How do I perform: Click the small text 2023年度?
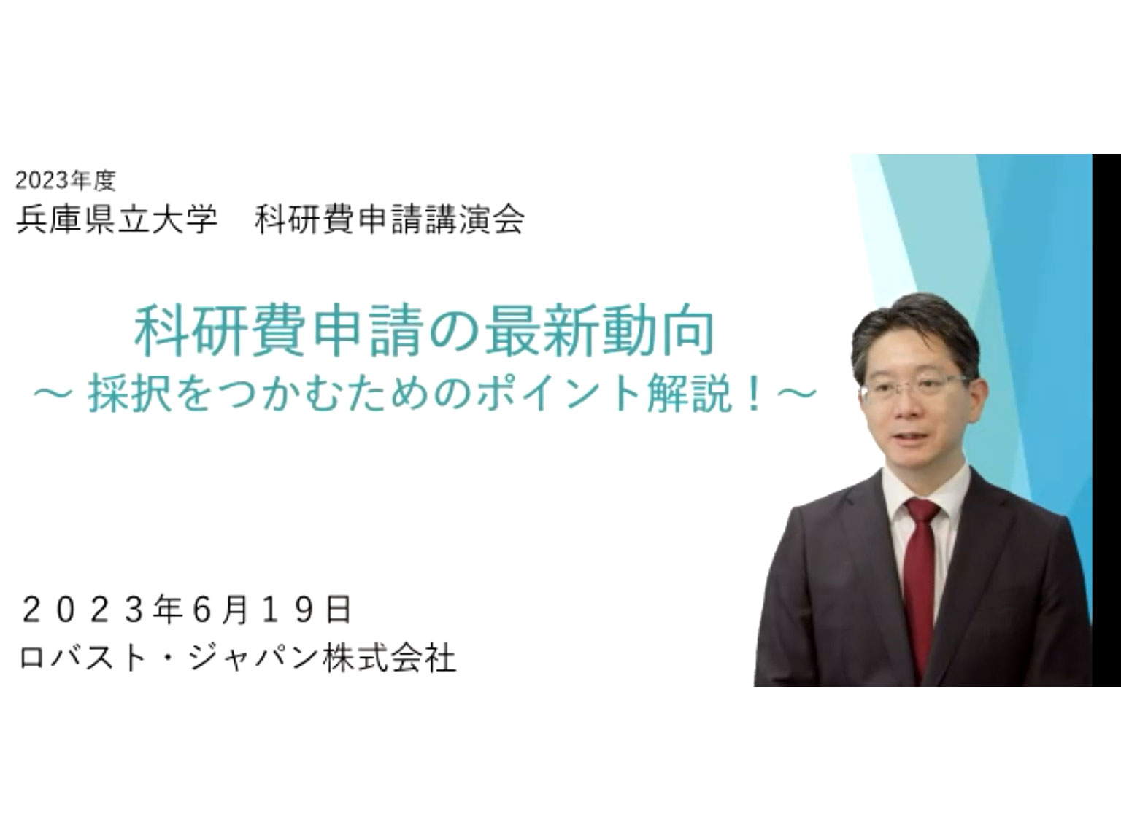click(x=66, y=181)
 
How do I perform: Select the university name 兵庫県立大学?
click(x=117, y=220)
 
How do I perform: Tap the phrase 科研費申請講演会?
click(x=389, y=220)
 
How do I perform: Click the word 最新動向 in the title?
click(x=600, y=332)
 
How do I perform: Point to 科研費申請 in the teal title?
click(x=280, y=332)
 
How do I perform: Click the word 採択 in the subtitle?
click(x=128, y=394)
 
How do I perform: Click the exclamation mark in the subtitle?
click(x=752, y=394)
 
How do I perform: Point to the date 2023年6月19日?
click(x=186, y=610)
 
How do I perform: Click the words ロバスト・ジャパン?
click(x=168, y=658)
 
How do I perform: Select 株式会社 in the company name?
click(x=389, y=658)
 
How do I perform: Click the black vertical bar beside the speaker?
click(x=1106, y=420)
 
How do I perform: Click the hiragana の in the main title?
click(x=454, y=332)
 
